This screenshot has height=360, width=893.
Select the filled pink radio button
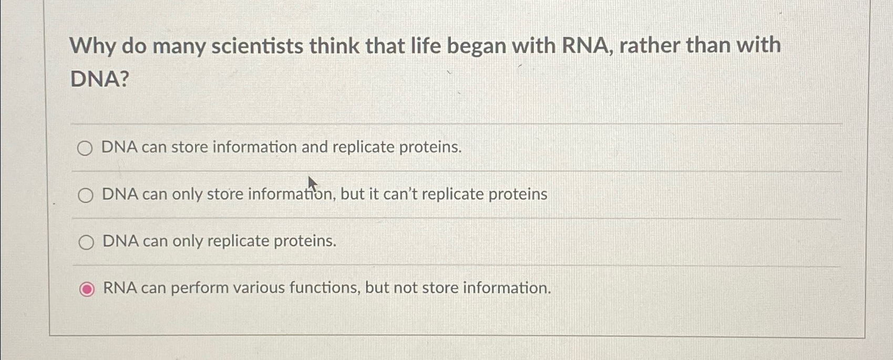point(87,289)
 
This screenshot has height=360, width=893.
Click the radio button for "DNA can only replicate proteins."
point(86,242)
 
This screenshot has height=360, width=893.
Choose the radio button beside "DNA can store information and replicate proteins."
point(85,148)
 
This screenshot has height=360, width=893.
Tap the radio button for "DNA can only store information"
point(86,196)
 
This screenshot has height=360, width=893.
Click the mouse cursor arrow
point(313,184)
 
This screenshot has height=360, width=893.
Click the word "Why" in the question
point(93,46)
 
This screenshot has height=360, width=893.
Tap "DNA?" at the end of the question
point(100,78)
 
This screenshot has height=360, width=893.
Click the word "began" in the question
point(476,46)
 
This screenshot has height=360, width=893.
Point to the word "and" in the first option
point(314,147)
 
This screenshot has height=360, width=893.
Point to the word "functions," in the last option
point(324,287)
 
